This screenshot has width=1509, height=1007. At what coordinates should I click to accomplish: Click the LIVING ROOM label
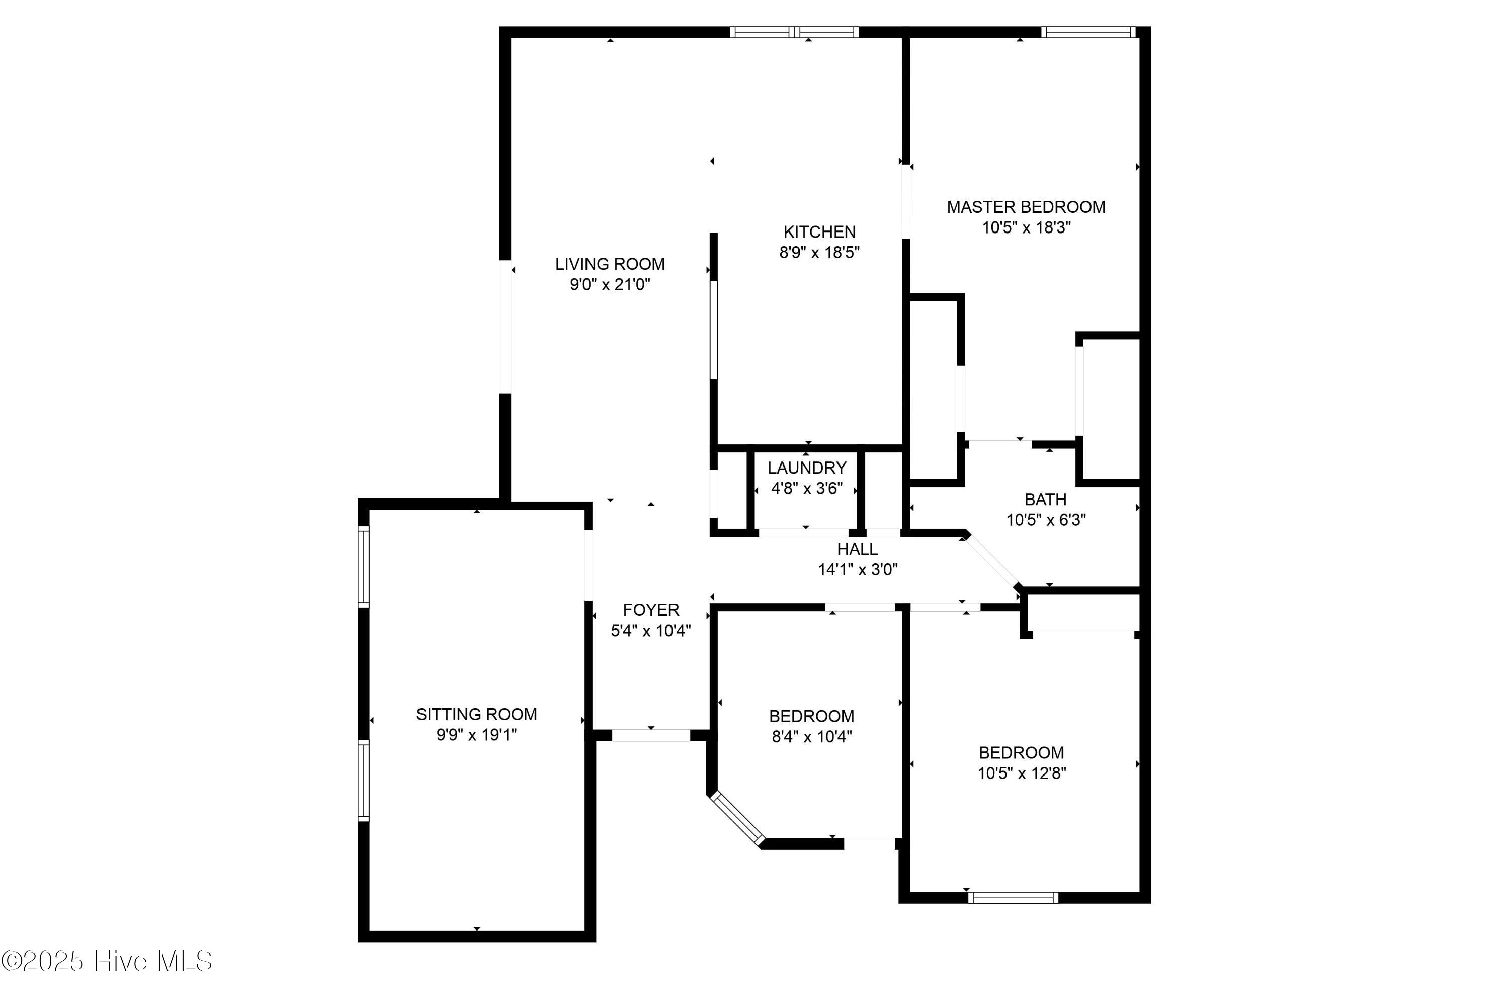[610, 264]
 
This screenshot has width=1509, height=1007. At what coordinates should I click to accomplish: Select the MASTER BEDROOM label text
[1026, 207]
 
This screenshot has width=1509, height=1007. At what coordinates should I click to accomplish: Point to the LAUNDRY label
[807, 468]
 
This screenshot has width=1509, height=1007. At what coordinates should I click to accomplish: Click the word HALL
[857, 549]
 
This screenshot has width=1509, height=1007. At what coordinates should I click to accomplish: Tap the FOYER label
[651, 610]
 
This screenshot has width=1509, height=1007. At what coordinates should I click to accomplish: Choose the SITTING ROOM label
[476, 714]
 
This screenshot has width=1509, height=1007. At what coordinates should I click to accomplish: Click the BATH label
[1046, 500]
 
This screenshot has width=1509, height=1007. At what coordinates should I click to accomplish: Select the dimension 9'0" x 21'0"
[610, 284]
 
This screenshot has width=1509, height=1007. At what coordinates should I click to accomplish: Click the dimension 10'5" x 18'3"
[1026, 227]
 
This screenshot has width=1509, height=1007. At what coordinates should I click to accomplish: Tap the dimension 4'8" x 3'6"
[807, 488]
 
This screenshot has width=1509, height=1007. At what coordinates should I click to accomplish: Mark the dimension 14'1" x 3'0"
[858, 569]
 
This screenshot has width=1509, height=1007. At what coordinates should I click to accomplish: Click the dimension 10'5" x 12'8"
[1022, 772]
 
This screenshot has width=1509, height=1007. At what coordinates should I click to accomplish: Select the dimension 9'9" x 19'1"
[476, 735]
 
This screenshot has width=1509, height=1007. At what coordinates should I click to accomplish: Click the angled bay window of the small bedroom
[737, 818]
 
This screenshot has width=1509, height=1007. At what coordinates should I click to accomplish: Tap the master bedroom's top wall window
[1088, 32]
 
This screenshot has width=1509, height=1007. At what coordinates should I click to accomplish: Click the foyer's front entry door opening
[651, 735]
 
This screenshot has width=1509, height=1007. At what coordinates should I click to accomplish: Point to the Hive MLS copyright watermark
[107, 961]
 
